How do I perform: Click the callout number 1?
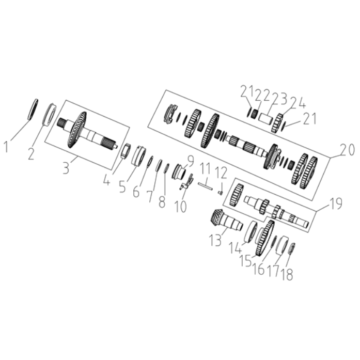click(x=7, y=147)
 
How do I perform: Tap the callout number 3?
click(x=66, y=168)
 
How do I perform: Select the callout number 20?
click(x=348, y=151)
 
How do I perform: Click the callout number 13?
click(x=215, y=240)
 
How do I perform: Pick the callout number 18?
click(x=287, y=274)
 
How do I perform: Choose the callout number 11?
click(x=206, y=169)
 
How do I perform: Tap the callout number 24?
click(x=298, y=103)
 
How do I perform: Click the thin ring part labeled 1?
click(x=33, y=109)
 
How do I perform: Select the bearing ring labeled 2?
click(x=50, y=114)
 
